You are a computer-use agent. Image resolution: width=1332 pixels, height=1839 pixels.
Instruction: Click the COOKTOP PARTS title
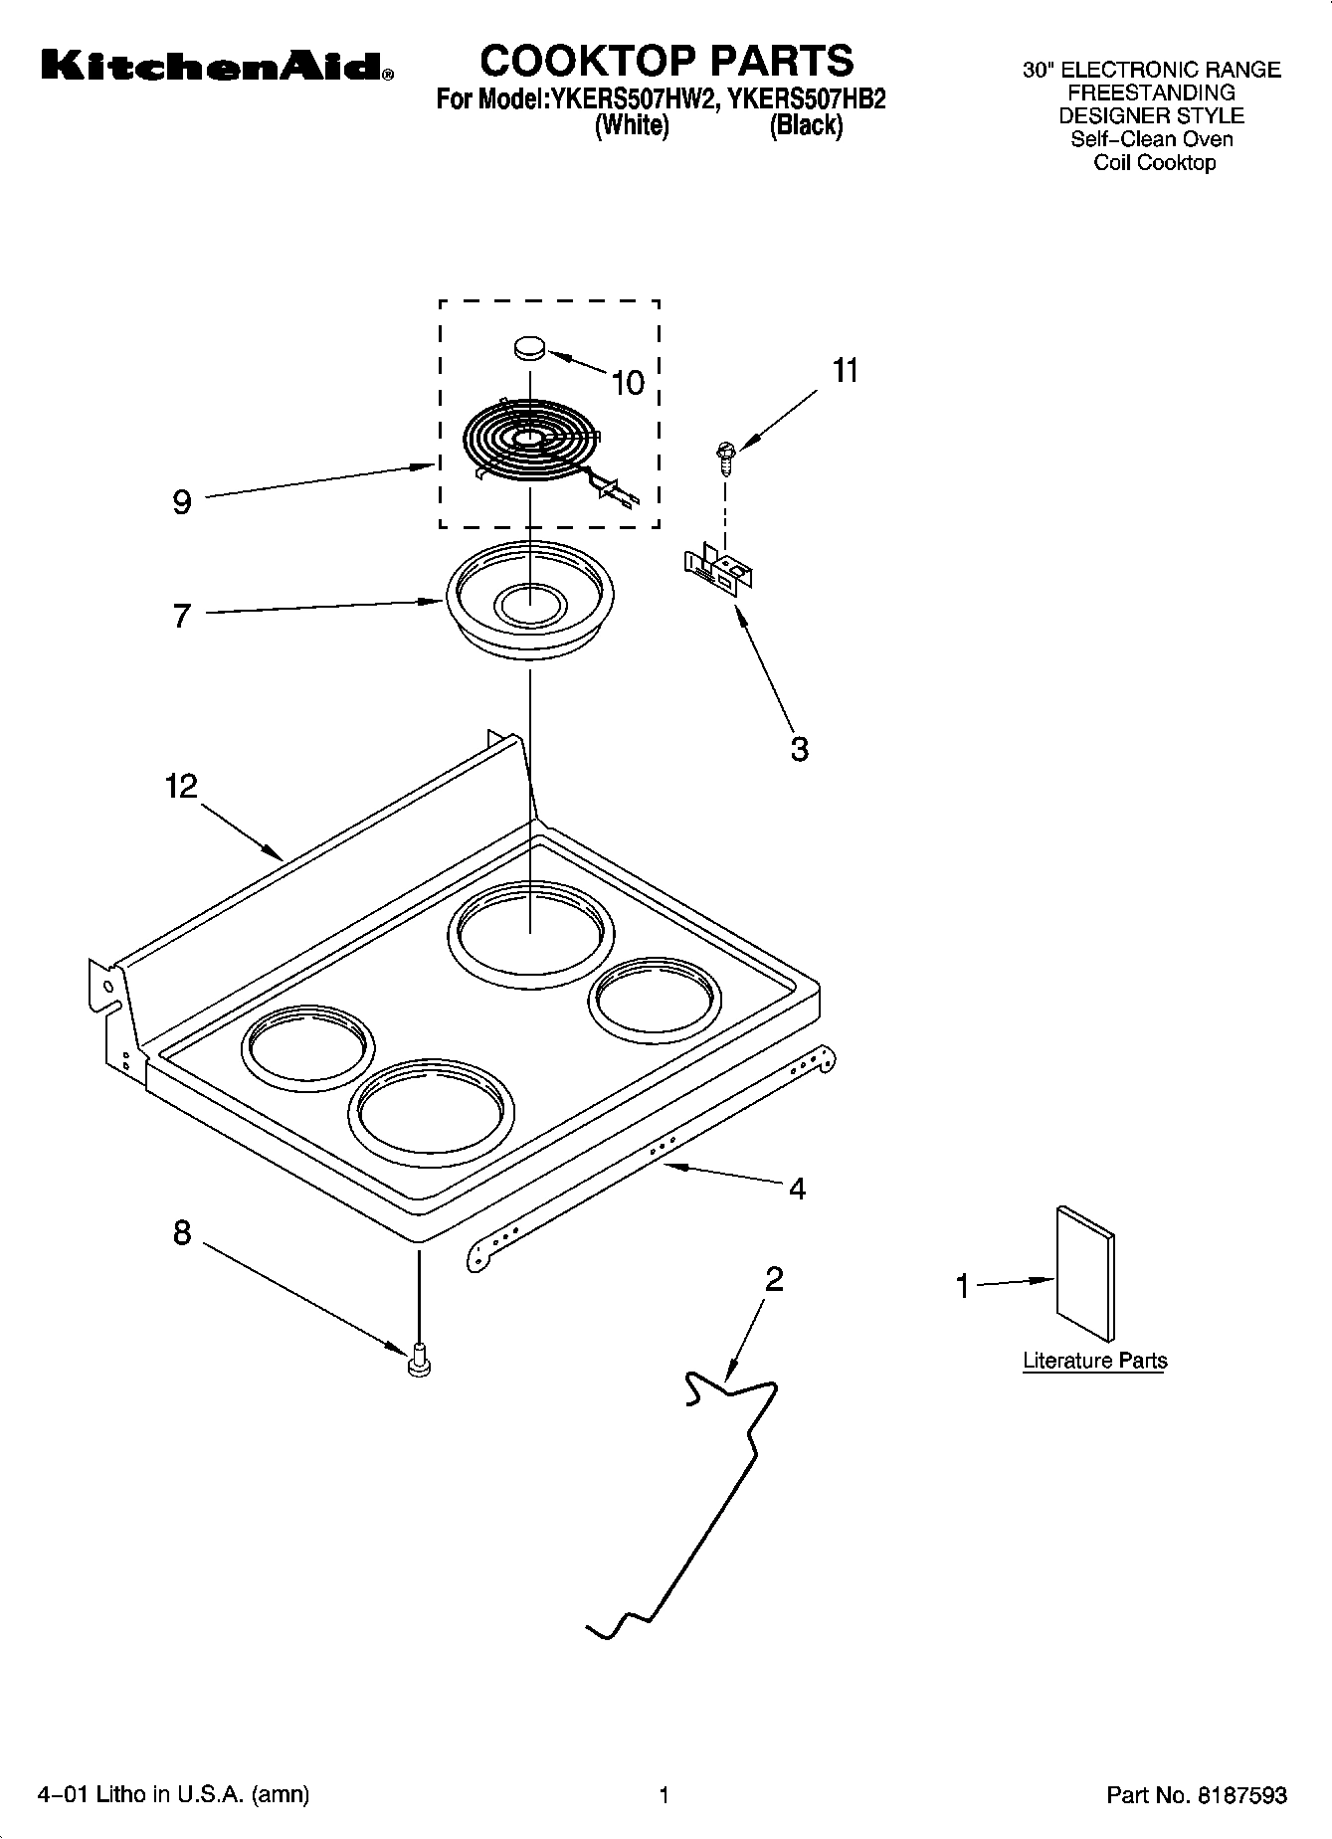[x=666, y=61]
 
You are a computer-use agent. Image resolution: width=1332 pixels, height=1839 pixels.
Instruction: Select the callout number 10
[x=628, y=383]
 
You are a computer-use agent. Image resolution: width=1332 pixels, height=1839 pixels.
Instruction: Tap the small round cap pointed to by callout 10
[x=530, y=347]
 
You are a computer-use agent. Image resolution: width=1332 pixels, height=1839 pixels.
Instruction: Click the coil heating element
[x=533, y=442]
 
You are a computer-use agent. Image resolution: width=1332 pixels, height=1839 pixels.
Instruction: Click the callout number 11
[x=845, y=370]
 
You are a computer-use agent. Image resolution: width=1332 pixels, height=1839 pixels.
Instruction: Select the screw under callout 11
[x=724, y=458]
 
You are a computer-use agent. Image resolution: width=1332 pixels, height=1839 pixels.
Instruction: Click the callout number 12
[x=182, y=787]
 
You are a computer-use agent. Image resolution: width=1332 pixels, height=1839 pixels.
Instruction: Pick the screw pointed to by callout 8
[x=419, y=1359]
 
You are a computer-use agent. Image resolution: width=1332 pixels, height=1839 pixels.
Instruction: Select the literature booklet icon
[x=1085, y=1273]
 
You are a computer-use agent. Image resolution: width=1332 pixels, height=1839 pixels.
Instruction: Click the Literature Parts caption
[x=1094, y=1361]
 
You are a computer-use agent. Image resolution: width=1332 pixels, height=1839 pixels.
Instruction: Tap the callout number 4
[x=797, y=1188]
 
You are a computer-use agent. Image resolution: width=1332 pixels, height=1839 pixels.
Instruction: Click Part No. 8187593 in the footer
[x=1197, y=1795]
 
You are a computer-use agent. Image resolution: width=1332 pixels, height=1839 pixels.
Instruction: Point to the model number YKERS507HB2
[x=807, y=99]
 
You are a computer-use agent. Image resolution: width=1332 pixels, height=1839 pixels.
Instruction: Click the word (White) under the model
[x=631, y=126]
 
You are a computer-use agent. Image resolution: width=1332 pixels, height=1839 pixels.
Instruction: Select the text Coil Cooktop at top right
[x=1154, y=163]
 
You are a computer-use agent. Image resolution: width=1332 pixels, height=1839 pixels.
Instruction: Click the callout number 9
[x=181, y=502]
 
